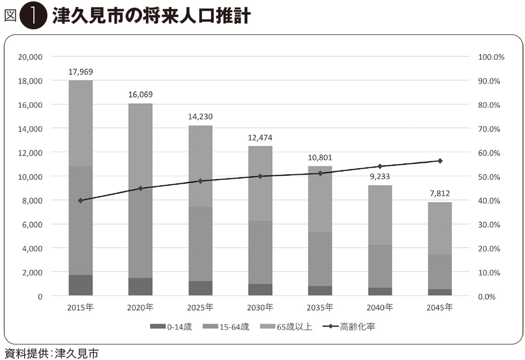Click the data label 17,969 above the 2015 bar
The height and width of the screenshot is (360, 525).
pos(80,72)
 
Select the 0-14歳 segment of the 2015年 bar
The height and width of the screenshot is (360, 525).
pos(80,285)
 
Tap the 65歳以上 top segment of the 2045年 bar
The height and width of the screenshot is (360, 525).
pos(439,228)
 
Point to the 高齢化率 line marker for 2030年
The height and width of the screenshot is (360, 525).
pos(260,176)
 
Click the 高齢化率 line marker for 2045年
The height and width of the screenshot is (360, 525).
pos(439,161)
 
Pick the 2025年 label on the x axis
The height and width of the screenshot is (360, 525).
pos(200,308)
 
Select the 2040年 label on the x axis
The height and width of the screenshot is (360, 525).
pos(380,308)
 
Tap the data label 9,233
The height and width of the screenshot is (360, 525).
pos(380,176)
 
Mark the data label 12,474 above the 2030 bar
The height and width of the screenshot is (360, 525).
pos(260,137)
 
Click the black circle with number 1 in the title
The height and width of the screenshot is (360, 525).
pos(32,16)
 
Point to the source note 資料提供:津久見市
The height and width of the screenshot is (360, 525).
pos(51,353)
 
